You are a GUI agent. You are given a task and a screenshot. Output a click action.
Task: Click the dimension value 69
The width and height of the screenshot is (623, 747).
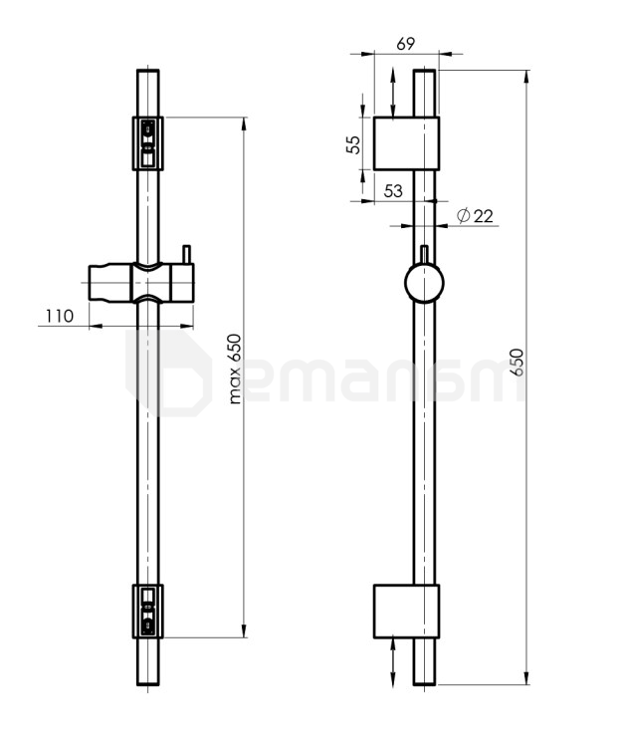coord(405,44)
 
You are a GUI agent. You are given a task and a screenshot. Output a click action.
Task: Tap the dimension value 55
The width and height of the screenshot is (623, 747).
coord(353,143)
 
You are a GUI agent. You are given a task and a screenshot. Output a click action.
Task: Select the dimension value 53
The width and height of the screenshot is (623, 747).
coord(393,191)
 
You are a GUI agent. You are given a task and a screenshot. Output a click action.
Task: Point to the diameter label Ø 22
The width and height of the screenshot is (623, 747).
coord(475,216)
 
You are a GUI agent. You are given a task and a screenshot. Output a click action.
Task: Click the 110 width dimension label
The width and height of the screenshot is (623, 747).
coord(60,316)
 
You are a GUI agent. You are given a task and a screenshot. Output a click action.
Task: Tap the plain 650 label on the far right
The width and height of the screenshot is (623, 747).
coord(517,363)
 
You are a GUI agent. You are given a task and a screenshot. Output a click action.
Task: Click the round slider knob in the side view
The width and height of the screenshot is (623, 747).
coord(424,283)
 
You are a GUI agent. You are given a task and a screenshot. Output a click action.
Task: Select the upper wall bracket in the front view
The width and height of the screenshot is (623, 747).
coord(147,143)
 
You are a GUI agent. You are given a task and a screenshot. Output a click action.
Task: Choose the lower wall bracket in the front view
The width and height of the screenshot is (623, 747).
coord(147,612)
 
